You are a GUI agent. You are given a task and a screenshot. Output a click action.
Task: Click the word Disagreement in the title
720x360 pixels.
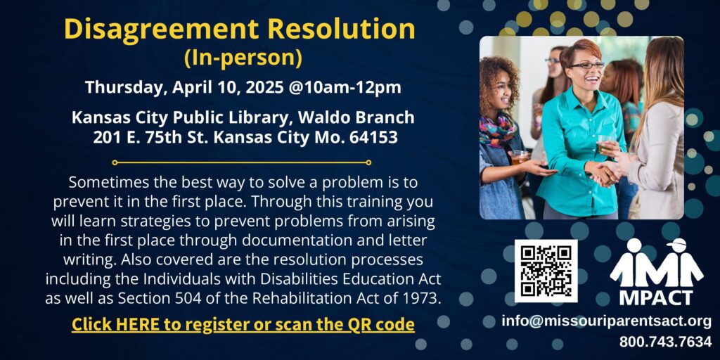(162, 30)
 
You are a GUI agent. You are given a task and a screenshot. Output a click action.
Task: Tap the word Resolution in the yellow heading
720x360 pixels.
(342, 30)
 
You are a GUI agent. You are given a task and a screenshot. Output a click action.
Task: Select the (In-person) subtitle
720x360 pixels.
(243, 58)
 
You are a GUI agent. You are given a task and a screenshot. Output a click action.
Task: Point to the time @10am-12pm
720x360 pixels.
(345, 87)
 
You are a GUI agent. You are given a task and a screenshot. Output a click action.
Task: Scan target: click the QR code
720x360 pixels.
(546, 271)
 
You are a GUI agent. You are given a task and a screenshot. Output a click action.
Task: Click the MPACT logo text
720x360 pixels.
(655, 297)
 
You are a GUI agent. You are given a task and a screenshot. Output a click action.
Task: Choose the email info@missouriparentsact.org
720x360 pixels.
(606, 321)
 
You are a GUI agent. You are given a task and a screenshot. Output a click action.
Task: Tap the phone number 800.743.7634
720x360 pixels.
(665, 342)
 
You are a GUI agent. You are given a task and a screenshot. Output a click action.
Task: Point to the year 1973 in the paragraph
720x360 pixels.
(423, 298)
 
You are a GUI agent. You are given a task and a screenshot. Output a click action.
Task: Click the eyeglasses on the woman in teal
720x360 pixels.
(586, 65)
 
